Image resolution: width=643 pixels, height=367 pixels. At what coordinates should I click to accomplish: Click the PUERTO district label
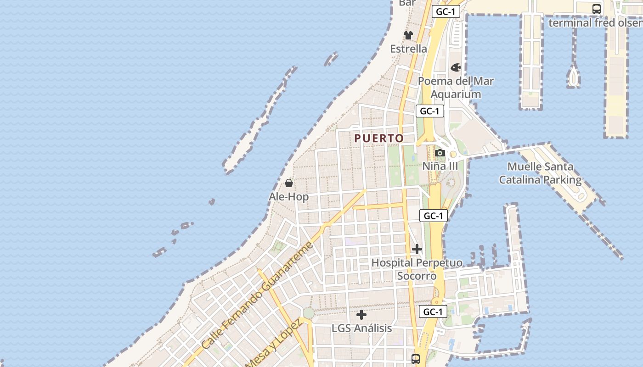pyautogui.click(x=379, y=138)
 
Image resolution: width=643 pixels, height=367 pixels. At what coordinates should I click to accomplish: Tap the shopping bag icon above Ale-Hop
pyautogui.click(x=289, y=183)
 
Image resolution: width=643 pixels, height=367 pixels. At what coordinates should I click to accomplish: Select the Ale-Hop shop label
pyautogui.click(x=289, y=197)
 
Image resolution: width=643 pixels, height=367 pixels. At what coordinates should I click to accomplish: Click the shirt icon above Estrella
pyautogui.click(x=408, y=35)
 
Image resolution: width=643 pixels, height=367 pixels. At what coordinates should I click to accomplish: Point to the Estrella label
pyautogui.click(x=408, y=49)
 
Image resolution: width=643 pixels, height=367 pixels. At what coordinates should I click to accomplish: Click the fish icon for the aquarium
pyautogui.click(x=456, y=67)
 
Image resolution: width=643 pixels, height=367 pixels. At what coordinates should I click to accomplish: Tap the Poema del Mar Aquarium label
pyautogui.click(x=456, y=88)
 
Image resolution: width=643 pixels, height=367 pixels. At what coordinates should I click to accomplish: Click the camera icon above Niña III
pyautogui.click(x=440, y=153)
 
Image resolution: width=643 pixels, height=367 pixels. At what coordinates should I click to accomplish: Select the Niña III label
pyautogui.click(x=440, y=166)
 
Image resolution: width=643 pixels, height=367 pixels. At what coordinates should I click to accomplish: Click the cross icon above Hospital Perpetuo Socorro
pyautogui.click(x=417, y=249)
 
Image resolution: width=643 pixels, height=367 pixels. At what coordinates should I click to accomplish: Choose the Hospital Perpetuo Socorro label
pyautogui.click(x=417, y=269)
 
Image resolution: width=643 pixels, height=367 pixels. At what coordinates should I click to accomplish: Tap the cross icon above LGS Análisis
pyautogui.click(x=361, y=315)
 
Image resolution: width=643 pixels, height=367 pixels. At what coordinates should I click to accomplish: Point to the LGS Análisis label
pyautogui.click(x=361, y=328)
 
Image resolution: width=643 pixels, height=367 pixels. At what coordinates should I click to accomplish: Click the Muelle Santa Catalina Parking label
pyautogui.click(x=540, y=173)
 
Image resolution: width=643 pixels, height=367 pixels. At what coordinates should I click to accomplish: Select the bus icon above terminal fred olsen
pyautogui.click(x=596, y=9)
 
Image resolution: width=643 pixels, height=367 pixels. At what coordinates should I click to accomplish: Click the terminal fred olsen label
pyautogui.click(x=595, y=22)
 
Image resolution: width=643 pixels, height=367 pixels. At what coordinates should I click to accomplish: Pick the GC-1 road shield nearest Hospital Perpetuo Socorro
pyautogui.click(x=433, y=216)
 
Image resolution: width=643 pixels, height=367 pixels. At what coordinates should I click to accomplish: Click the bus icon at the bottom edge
pyautogui.click(x=416, y=359)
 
